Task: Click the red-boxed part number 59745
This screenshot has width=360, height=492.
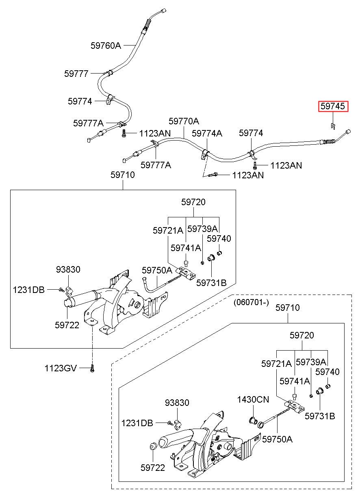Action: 333,106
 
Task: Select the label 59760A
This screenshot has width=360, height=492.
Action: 106,46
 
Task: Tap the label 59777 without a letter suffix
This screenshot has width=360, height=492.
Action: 76,74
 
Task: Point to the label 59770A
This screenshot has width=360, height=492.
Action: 184,121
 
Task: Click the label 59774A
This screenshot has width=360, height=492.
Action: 207,133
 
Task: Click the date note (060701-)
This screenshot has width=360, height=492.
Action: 251,302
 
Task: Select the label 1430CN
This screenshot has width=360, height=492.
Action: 253,399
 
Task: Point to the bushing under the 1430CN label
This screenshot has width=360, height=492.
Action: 253,420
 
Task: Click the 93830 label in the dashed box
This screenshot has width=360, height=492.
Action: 177,403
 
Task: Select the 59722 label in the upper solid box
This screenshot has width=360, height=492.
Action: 67,325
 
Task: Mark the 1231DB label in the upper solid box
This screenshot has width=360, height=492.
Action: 29,290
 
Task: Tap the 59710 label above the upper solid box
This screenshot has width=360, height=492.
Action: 123,175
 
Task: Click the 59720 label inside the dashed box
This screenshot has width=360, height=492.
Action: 302,335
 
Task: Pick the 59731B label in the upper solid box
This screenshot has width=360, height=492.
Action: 211,283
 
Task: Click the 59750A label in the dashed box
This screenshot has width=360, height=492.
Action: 277,439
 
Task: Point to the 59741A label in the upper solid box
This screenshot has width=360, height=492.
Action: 186,248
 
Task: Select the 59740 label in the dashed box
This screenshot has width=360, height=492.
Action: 327,372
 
